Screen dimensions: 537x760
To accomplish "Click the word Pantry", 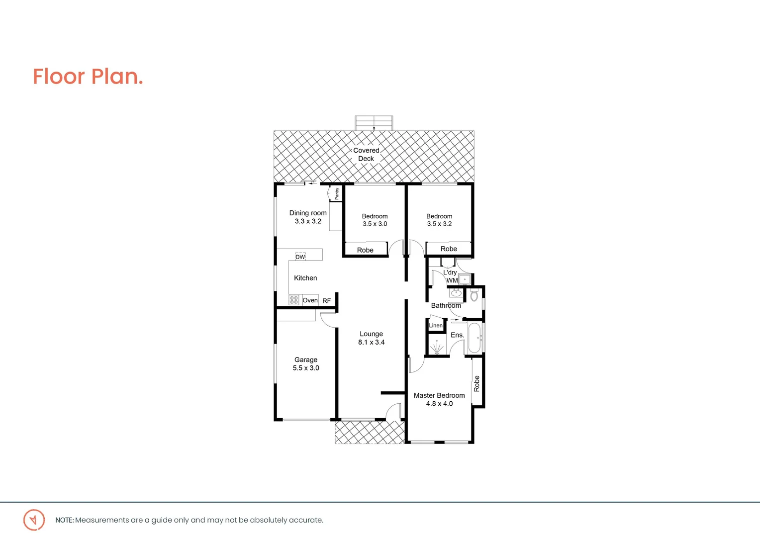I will (337, 193).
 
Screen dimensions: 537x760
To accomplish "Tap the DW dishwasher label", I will (300, 257).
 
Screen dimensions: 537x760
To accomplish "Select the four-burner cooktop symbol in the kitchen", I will (294, 300).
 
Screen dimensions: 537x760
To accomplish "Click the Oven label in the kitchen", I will (310, 300).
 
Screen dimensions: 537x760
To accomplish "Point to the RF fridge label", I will (326, 301).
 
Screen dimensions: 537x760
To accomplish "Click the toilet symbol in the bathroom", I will (474, 296).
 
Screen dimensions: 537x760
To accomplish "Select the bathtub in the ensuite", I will (475, 338).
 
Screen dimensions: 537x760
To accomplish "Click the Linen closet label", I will (436, 325).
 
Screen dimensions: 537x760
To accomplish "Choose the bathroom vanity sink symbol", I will (456, 293).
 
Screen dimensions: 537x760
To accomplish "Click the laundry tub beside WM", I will (465, 279).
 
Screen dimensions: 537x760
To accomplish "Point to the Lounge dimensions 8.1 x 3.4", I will (371, 342).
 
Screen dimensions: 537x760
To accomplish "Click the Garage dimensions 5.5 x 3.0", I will (306, 368).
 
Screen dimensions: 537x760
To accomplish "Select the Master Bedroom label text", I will (439, 395).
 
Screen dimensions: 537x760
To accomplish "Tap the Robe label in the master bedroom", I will (476, 383).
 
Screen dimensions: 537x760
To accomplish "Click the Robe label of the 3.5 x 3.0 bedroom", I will (365, 250).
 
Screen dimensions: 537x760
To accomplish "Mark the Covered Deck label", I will (366, 154).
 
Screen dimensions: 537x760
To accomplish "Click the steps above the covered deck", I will (374, 123).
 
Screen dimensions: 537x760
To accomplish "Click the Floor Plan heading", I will (88, 77).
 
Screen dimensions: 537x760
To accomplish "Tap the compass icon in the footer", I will (34, 520).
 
